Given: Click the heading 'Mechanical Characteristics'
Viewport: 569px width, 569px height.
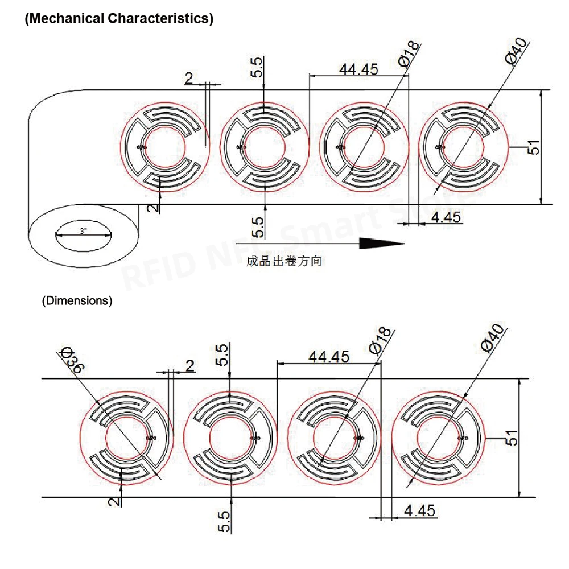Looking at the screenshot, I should pyautogui.click(x=118, y=18).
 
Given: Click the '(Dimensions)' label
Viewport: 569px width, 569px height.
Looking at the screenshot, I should pyautogui.click(x=77, y=301).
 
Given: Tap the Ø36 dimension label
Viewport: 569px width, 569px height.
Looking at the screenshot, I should pyautogui.click(x=72, y=360).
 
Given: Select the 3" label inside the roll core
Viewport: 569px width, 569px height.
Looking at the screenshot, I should pyautogui.click(x=84, y=232).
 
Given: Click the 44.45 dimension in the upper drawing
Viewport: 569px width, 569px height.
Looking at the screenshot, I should pyautogui.click(x=358, y=69).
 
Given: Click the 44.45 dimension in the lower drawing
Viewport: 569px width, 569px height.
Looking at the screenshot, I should pyautogui.click(x=328, y=356).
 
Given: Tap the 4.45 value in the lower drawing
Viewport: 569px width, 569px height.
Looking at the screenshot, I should pyautogui.click(x=419, y=510).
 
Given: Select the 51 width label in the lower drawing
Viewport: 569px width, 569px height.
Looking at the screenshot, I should pyautogui.click(x=513, y=439).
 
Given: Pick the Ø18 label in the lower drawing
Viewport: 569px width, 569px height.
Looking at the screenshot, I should pyautogui.click(x=380, y=340).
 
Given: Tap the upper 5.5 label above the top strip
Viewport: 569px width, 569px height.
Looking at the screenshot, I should pyautogui.click(x=258, y=67).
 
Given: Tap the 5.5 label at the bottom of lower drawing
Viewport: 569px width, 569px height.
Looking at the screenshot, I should pyautogui.click(x=224, y=521).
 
